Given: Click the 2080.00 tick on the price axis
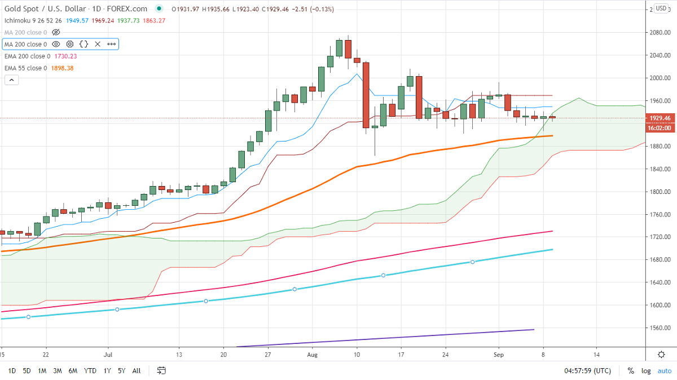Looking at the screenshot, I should (x=660, y=32).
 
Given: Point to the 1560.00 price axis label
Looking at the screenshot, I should (x=660, y=328).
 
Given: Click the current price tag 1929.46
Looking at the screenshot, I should (x=660, y=118).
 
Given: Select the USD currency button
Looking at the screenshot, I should (x=661, y=9).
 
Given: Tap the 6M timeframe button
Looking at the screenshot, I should (x=73, y=370).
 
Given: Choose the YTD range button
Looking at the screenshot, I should (x=90, y=370).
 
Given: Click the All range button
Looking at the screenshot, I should (x=137, y=370).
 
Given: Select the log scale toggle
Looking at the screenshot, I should (x=647, y=370).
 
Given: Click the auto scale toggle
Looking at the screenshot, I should (x=665, y=370).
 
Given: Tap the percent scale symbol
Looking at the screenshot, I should (x=631, y=370).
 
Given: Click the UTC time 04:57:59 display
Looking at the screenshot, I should (x=587, y=370).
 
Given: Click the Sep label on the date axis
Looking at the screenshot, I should (x=499, y=355).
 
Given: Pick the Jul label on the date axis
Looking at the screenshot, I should (x=108, y=355).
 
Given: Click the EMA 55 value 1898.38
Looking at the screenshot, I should (x=62, y=68).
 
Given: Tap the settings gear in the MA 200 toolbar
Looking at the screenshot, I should (x=70, y=44).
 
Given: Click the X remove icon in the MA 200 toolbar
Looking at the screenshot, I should (x=98, y=44).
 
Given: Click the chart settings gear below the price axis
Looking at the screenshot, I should (x=661, y=355).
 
